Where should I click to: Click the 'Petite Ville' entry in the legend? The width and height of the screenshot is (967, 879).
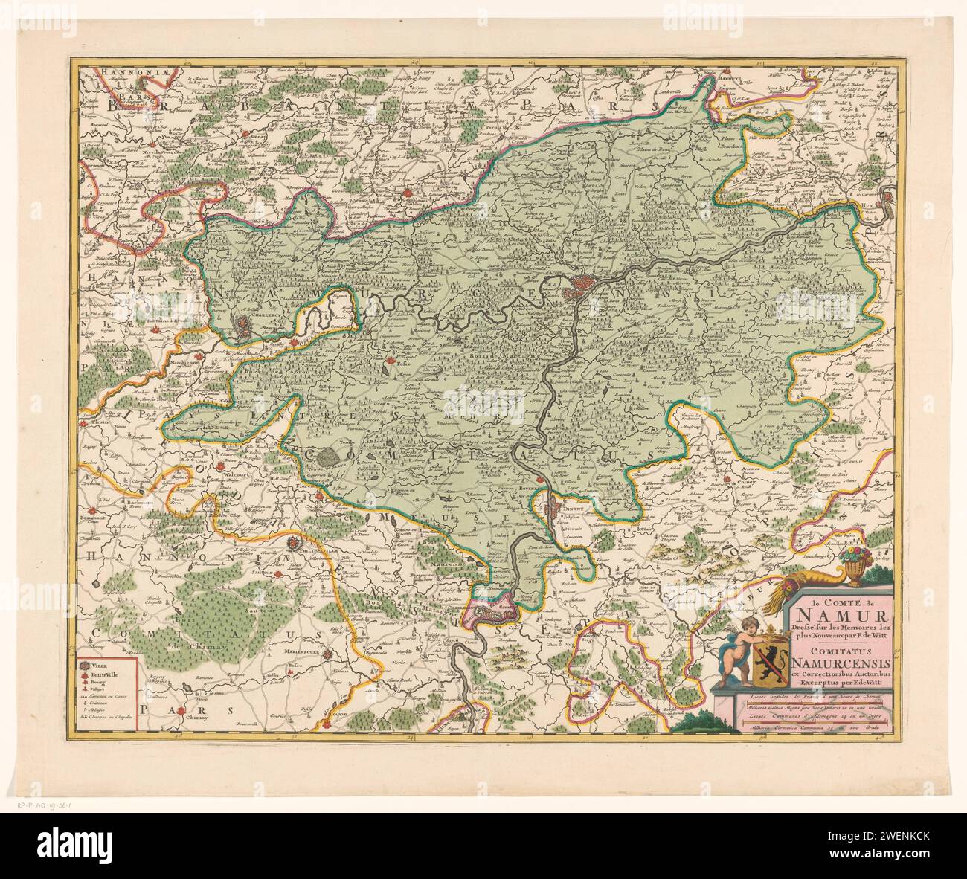100,677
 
